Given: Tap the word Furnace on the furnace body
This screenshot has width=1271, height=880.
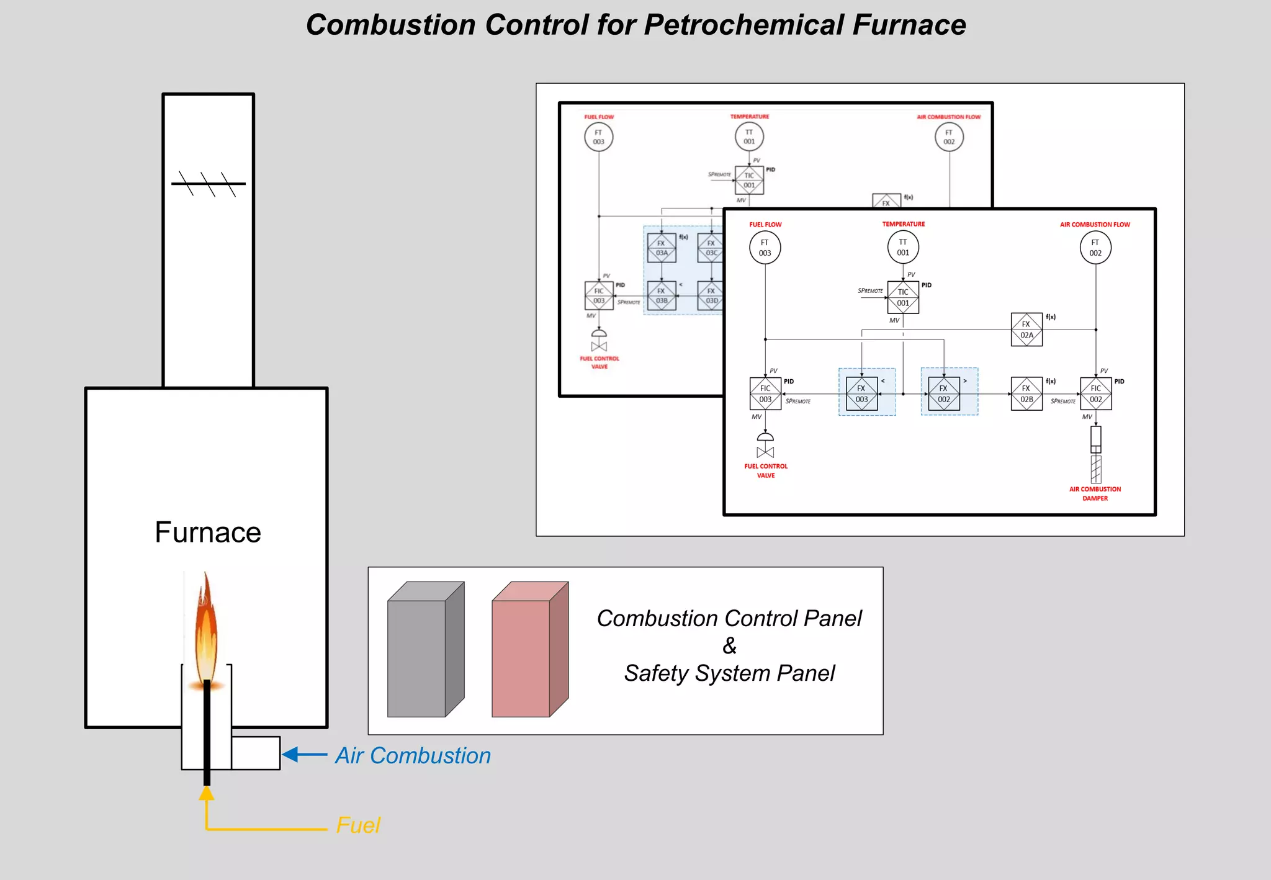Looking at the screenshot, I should pyautogui.click(x=208, y=532).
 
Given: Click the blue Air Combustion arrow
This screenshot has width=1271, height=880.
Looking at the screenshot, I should pyautogui.click(x=305, y=755).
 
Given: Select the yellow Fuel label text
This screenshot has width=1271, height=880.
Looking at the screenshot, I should pyautogui.click(x=358, y=825).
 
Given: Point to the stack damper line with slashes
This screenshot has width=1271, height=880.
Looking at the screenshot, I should pyautogui.click(x=209, y=184).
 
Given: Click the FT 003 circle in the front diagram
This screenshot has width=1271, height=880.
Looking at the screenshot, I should pyautogui.click(x=765, y=248).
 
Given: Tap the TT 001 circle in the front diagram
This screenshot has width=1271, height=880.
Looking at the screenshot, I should pyautogui.click(x=903, y=247).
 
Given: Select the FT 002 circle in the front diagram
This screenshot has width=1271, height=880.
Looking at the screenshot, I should pyautogui.click(x=1095, y=248).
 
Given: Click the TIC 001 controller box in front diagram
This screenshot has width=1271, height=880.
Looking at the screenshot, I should pyautogui.click(x=903, y=297).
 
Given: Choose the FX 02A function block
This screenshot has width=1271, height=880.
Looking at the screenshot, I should pyautogui.click(x=1026, y=330).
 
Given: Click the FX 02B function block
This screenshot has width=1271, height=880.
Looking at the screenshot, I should pyautogui.click(x=1026, y=393).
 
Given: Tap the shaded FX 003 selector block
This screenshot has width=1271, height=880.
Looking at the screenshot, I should pyautogui.click(x=862, y=393).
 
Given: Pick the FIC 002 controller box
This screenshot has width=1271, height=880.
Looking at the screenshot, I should pyautogui.click(x=1096, y=393).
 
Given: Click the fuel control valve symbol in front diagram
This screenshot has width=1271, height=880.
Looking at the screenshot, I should pyautogui.click(x=765, y=446).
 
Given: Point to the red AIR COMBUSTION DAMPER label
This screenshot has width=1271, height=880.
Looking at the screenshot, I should pyautogui.click(x=1095, y=493).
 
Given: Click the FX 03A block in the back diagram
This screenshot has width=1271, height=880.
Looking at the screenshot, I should pyautogui.click(x=662, y=248).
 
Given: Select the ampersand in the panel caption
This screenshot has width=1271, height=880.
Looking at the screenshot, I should pyautogui.click(x=729, y=646).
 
